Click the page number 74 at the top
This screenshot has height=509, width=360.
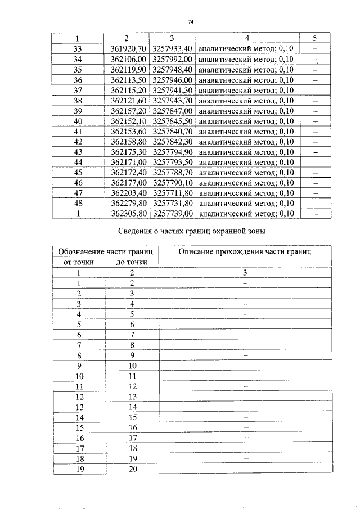(x=190, y=21)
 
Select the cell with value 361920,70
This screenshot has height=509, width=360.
(x=128, y=49)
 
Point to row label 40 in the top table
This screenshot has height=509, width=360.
(x=78, y=121)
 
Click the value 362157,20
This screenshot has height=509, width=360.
(x=128, y=111)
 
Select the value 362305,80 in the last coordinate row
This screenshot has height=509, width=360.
(x=128, y=214)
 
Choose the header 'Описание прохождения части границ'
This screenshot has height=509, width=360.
(x=245, y=251)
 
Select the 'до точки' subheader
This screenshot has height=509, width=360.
(x=132, y=262)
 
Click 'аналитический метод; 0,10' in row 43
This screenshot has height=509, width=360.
(x=246, y=152)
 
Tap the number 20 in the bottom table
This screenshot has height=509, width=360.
(x=133, y=469)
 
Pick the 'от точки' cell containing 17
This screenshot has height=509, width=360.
(x=79, y=448)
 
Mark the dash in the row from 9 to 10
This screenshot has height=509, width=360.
(x=245, y=366)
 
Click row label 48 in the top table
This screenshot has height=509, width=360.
(x=78, y=203)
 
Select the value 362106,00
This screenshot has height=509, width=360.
(x=128, y=59)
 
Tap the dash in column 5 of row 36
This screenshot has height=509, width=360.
(x=314, y=80)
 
